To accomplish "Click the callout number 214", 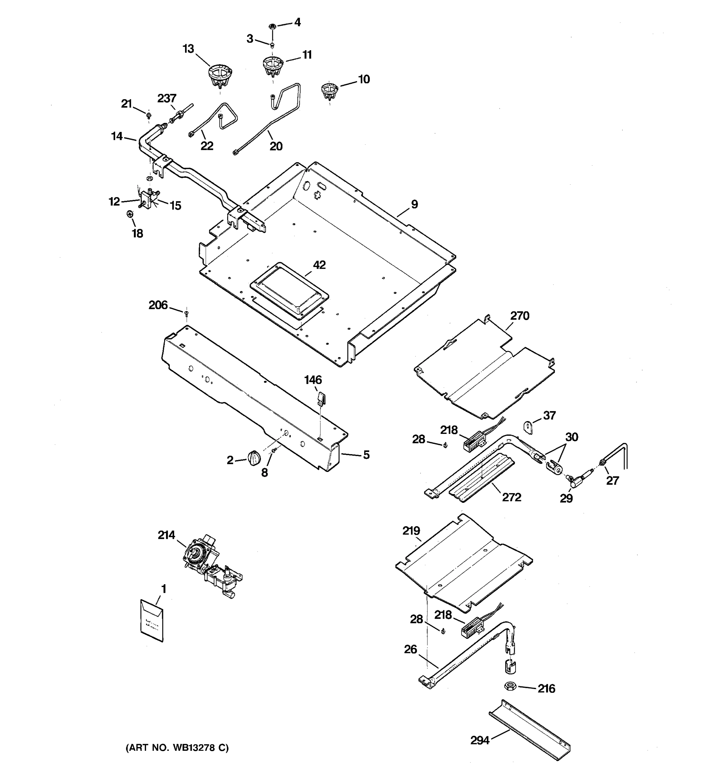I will (x=166, y=535).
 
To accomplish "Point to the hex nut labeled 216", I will (x=510, y=686).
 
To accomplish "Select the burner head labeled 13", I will (x=219, y=75).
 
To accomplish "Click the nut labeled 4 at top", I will (x=272, y=26).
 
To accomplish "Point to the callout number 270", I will (x=520, y=316).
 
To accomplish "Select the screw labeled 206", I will (x=186, y=312).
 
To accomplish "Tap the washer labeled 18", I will (x=130, y=214).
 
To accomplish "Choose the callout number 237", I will (x=167, y=98).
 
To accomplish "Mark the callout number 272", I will (x=512, y=497).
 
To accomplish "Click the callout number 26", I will (x=411, y=649).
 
